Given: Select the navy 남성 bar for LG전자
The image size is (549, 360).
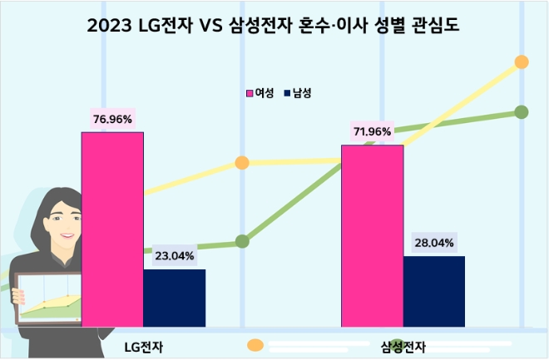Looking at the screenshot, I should click(174, 298).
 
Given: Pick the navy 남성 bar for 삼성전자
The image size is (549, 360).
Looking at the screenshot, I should click(433, 291).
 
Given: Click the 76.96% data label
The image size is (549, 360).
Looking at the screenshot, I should click(112, 120).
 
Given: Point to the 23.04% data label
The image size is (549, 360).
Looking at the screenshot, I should click(174, 256).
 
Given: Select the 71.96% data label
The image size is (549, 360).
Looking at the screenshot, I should click(372, 131).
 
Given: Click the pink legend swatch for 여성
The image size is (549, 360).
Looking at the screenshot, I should click(249, 93).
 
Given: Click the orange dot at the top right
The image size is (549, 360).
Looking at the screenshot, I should click(522, 62).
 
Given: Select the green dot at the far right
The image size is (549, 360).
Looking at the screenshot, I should click(522, 111).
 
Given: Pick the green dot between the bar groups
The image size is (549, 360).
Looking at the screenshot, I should click(242, 241).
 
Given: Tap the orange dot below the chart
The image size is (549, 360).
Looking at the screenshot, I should click(255, 344).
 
